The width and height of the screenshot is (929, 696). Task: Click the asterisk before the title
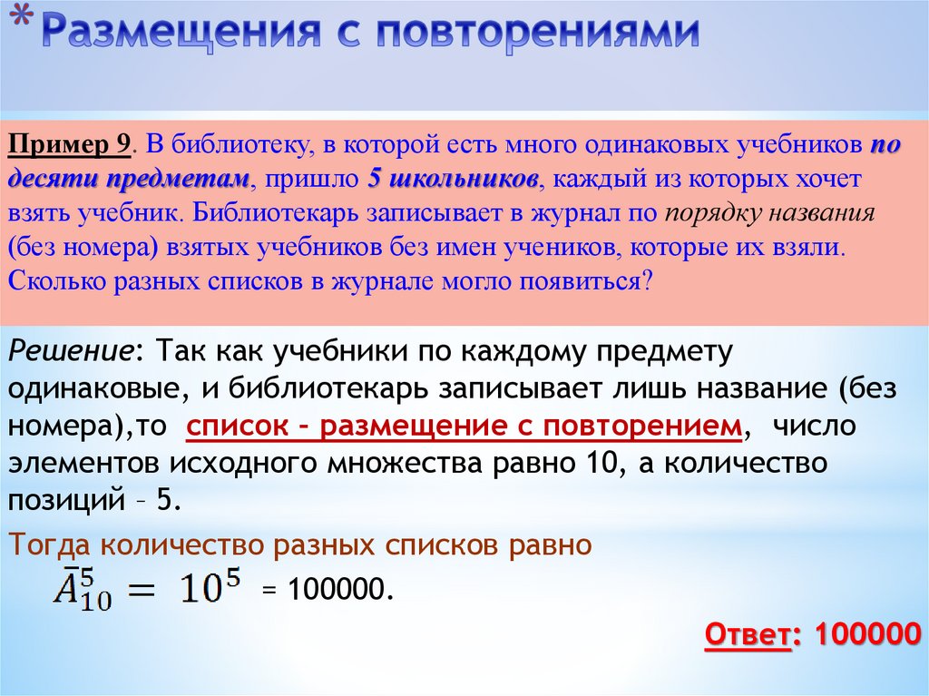click(27, 20)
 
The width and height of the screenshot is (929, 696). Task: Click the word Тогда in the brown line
click(50, 544)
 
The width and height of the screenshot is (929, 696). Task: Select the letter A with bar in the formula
click(66, 589)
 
